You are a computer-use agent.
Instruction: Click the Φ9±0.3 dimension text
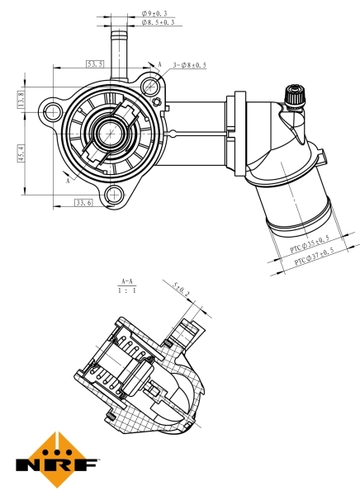pyautogui.click(x=154, y=14)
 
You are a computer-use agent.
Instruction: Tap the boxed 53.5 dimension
pyautogui.click(x=95, y=64)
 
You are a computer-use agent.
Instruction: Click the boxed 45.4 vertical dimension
pyautogui.click(x=21, y=153)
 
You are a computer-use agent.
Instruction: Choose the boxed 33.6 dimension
pyautogui.click(x=83, y=202)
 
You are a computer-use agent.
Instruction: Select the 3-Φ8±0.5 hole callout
pyautogui.click(x=189, y=64)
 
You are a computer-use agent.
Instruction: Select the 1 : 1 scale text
pyautogui.click(x=126, y=291)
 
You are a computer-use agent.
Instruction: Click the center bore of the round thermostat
pyautogui.click(x=108, y=132)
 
